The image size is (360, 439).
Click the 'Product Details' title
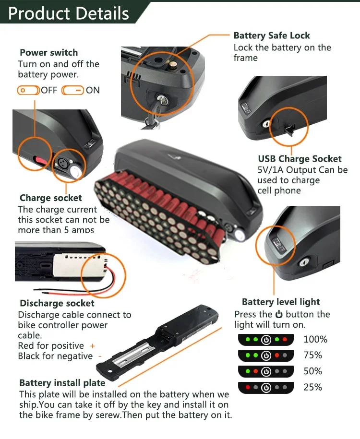tap(68, 13)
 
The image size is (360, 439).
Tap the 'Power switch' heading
tap(48, 53)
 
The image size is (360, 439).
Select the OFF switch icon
tap(28, 90)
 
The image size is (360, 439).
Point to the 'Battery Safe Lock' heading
tap(272, 36)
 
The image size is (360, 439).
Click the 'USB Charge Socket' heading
tap(300, 159)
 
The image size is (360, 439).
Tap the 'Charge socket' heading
tap(50, 198)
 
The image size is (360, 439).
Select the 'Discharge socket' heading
tap(57, 303)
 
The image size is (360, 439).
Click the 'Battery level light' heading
tap(281, 302)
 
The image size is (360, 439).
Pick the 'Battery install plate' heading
tap(62, 383)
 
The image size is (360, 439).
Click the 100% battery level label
tap(315, 340)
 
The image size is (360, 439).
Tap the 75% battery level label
tap(313, 356)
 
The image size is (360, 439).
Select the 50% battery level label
tap(313, 371)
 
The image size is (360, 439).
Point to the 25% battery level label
tap(313, 387)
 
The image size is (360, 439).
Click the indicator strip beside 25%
tap(265, 387)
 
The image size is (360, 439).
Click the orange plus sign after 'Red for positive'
tap(93, 346)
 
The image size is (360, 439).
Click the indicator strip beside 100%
tap(265, 340)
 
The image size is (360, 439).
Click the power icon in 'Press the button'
tap(279, 315)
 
